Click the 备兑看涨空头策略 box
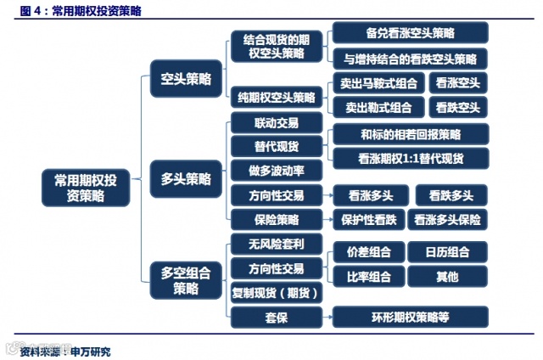pyautogui.click(x=410, y=33)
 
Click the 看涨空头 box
pyautogui.click(x=458, y=83)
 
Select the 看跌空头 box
pyautogui.click(x=458, y=107)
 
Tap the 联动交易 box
pyautogui.click(x=276, y=123)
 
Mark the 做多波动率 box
pyautogui.click(x=276, y=170)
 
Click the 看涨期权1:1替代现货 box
pyautogui.click(x=410, y=157)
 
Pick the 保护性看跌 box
pyautogui.click(x=369, y=219)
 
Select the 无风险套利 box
pyautogui.click(x=276, y=245)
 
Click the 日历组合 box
pyautogui.click(x=447, y=252)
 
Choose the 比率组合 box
pyautogui.click(x=369, y=276)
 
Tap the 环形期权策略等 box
pyautogui.click(x=410, y=317)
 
